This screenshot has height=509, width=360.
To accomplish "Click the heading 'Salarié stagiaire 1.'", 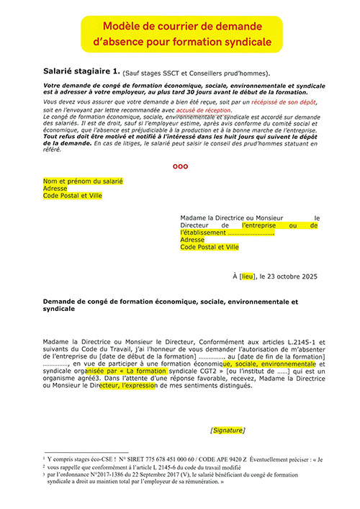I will coord(81,72).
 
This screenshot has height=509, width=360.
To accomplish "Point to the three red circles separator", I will coord(180,166).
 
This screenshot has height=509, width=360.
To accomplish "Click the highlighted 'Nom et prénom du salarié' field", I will coord(83,181).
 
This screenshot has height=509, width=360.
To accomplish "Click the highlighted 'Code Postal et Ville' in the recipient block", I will coord(209,247).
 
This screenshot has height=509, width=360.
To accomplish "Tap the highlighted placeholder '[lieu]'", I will coord(248,276).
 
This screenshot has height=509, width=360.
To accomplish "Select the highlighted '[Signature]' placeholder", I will coord(228,430).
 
